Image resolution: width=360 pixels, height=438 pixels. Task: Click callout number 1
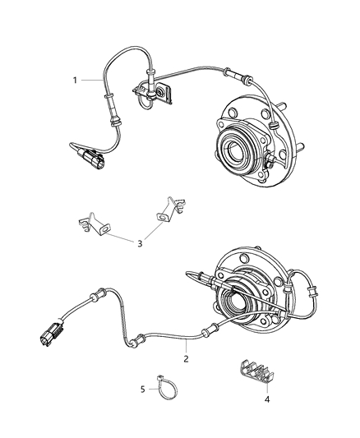75,81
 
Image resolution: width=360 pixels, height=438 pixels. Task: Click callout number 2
187,358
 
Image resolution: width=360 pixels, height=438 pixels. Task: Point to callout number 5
141,389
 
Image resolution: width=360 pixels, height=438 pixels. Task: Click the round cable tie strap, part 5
164,387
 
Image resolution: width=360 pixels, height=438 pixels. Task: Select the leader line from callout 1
90,81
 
